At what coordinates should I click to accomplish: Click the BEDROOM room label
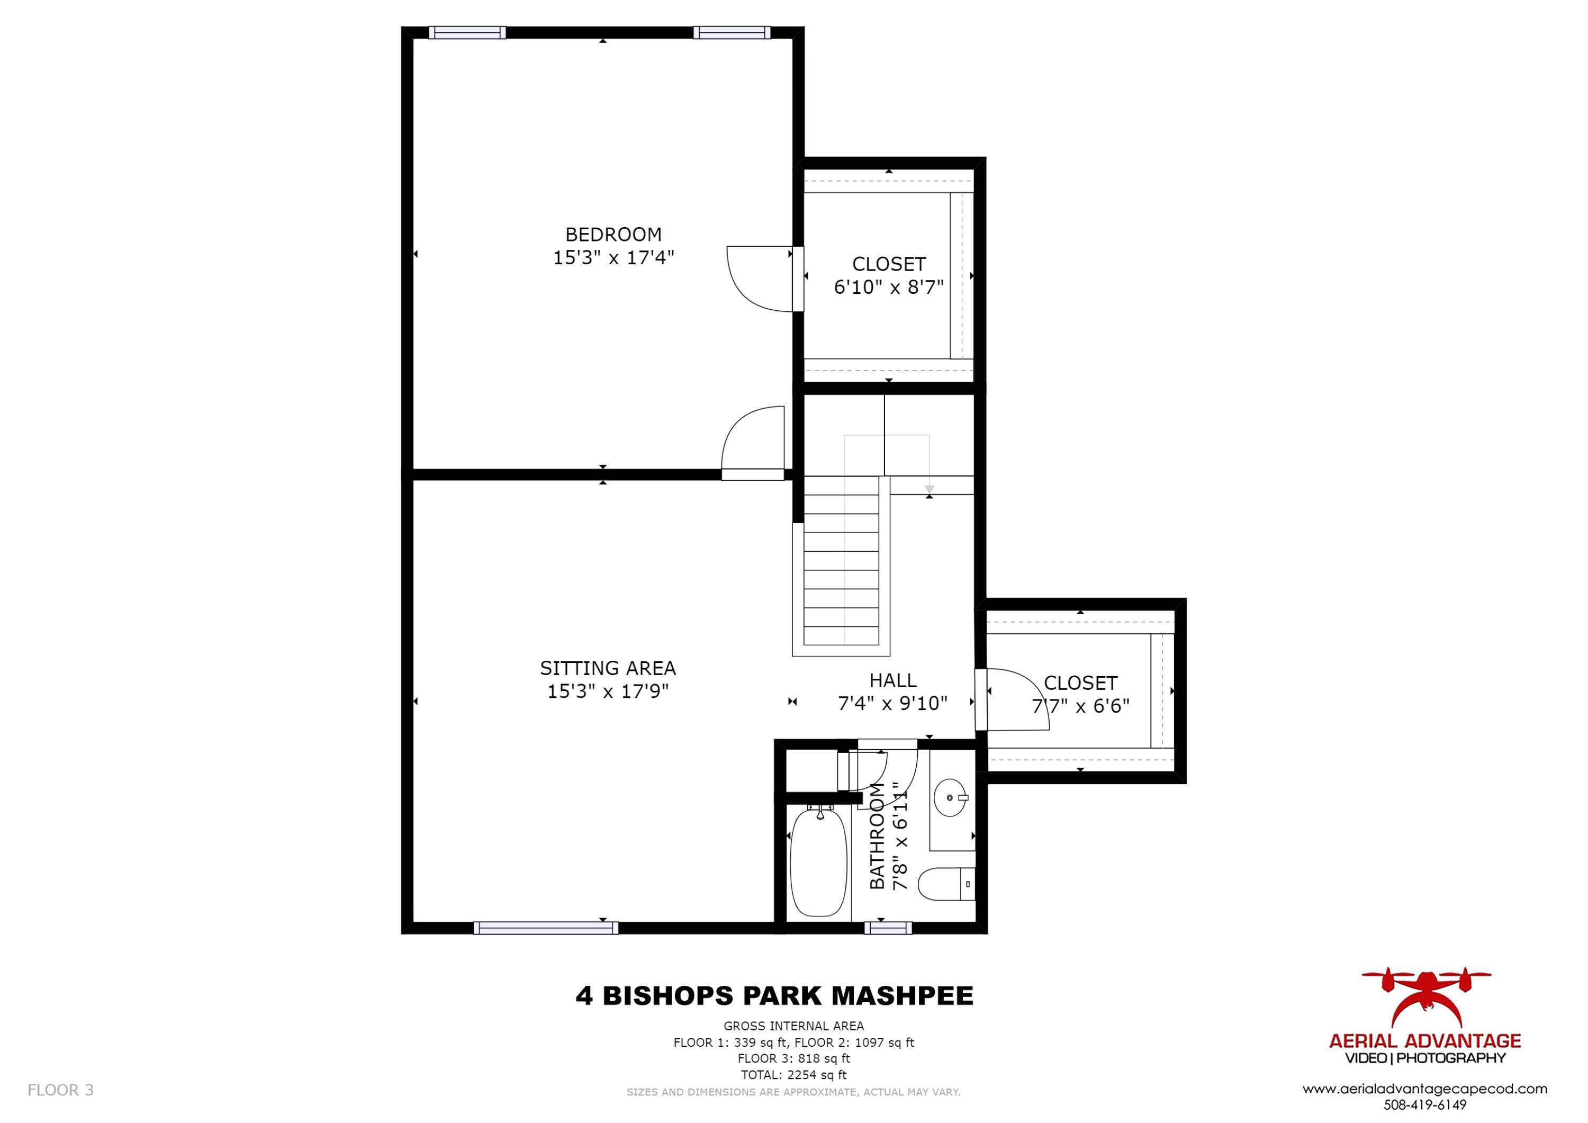click(x=613, y=235)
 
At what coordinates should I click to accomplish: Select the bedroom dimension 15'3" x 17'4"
click(x=613, y=258)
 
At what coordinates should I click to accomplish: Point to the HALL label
click(x=892, y=681)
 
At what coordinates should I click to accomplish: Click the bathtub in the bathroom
click(x=818, y=863)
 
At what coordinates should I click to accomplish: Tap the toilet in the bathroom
click(x=945, y=884)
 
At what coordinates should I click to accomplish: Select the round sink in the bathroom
click(x=950, y=798)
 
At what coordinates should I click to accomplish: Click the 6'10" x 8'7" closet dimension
click(x=888, y=287)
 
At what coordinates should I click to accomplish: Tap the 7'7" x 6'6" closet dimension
click(x=1080, y=706)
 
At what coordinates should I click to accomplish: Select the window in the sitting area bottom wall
click(x=546, y=929)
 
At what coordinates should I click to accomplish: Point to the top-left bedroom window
click(x=467, y=32)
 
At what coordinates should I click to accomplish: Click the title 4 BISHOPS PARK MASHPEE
click(x=774, y=996)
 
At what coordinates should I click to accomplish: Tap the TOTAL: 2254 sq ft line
click(x=793, y=1075)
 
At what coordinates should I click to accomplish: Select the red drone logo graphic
click(x=1425, y=996)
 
